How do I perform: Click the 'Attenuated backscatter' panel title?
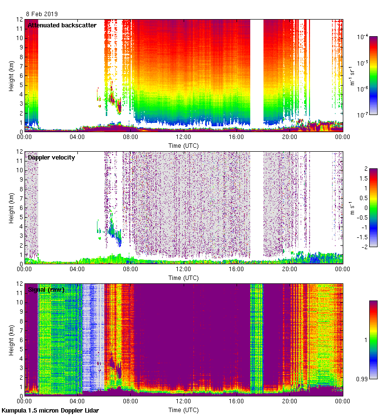click(x=62, y=25)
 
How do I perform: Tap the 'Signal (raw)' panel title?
click(x=46, y=289)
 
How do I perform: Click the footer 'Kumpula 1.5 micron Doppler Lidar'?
click(x=50, y=411)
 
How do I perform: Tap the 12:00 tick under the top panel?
click(x=183, y=137)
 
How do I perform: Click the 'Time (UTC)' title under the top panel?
click(x=183, y=146)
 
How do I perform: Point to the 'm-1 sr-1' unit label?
click(x=352, y=75)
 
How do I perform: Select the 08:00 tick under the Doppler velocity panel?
click(x=130, y=269)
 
